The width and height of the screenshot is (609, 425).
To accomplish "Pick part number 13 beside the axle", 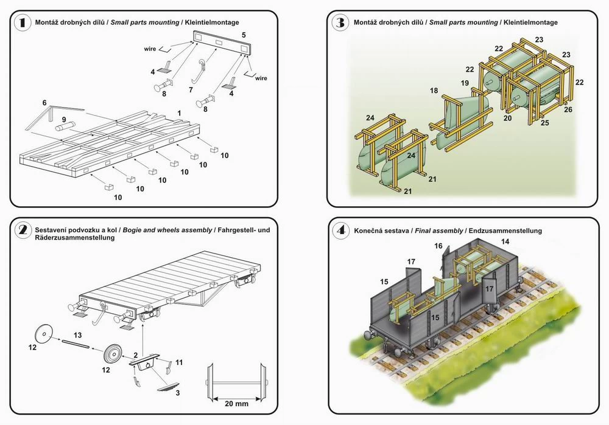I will click(x=77, y=334).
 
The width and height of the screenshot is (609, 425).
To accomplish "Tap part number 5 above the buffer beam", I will click(x=244, y=35).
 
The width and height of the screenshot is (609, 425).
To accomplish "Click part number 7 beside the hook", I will click(x=191, y=89).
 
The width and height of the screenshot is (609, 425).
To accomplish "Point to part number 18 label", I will click(x=434, y=91).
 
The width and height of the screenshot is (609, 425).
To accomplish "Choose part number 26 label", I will click(x=568, y=109).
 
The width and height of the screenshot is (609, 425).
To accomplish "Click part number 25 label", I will click(x=545, y=123).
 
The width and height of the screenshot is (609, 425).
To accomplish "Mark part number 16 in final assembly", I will click(x=438, y=246).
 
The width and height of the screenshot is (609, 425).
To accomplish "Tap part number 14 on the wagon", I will click(x=505, y=241).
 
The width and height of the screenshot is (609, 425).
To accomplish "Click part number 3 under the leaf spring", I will click(x=177, y=393).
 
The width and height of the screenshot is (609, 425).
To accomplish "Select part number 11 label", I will click(x=178, y=362).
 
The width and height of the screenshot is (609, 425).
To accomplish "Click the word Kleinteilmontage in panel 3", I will click(x=530, y=22).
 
